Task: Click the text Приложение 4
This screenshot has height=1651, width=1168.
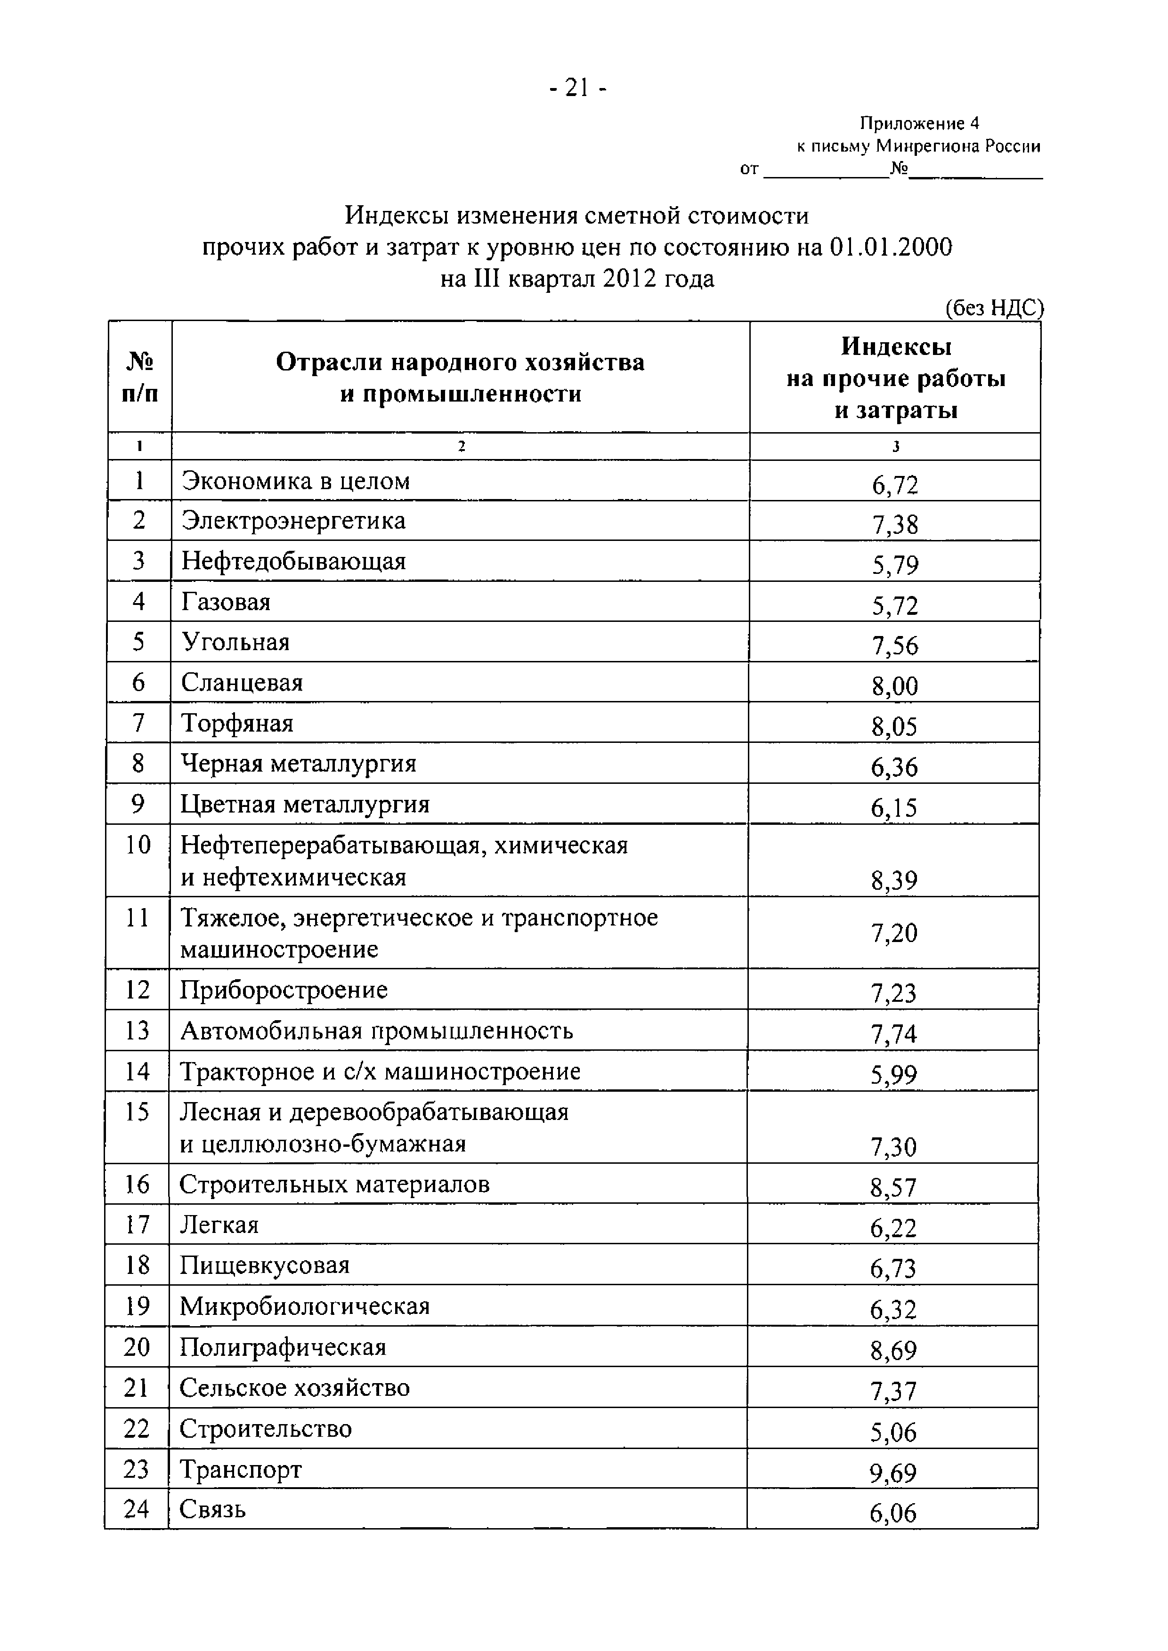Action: (919, 124)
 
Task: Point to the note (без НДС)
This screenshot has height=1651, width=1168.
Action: (993, 308)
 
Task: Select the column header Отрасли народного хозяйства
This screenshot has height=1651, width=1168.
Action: (460, 362)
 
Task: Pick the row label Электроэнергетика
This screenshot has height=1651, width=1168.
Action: (293, 520)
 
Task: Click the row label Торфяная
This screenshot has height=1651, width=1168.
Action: (237, 722)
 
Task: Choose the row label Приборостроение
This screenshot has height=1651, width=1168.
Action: (284, 990)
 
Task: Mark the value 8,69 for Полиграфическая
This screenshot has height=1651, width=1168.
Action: (893, 1351)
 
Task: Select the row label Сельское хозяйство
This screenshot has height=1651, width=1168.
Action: (294, 1387)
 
